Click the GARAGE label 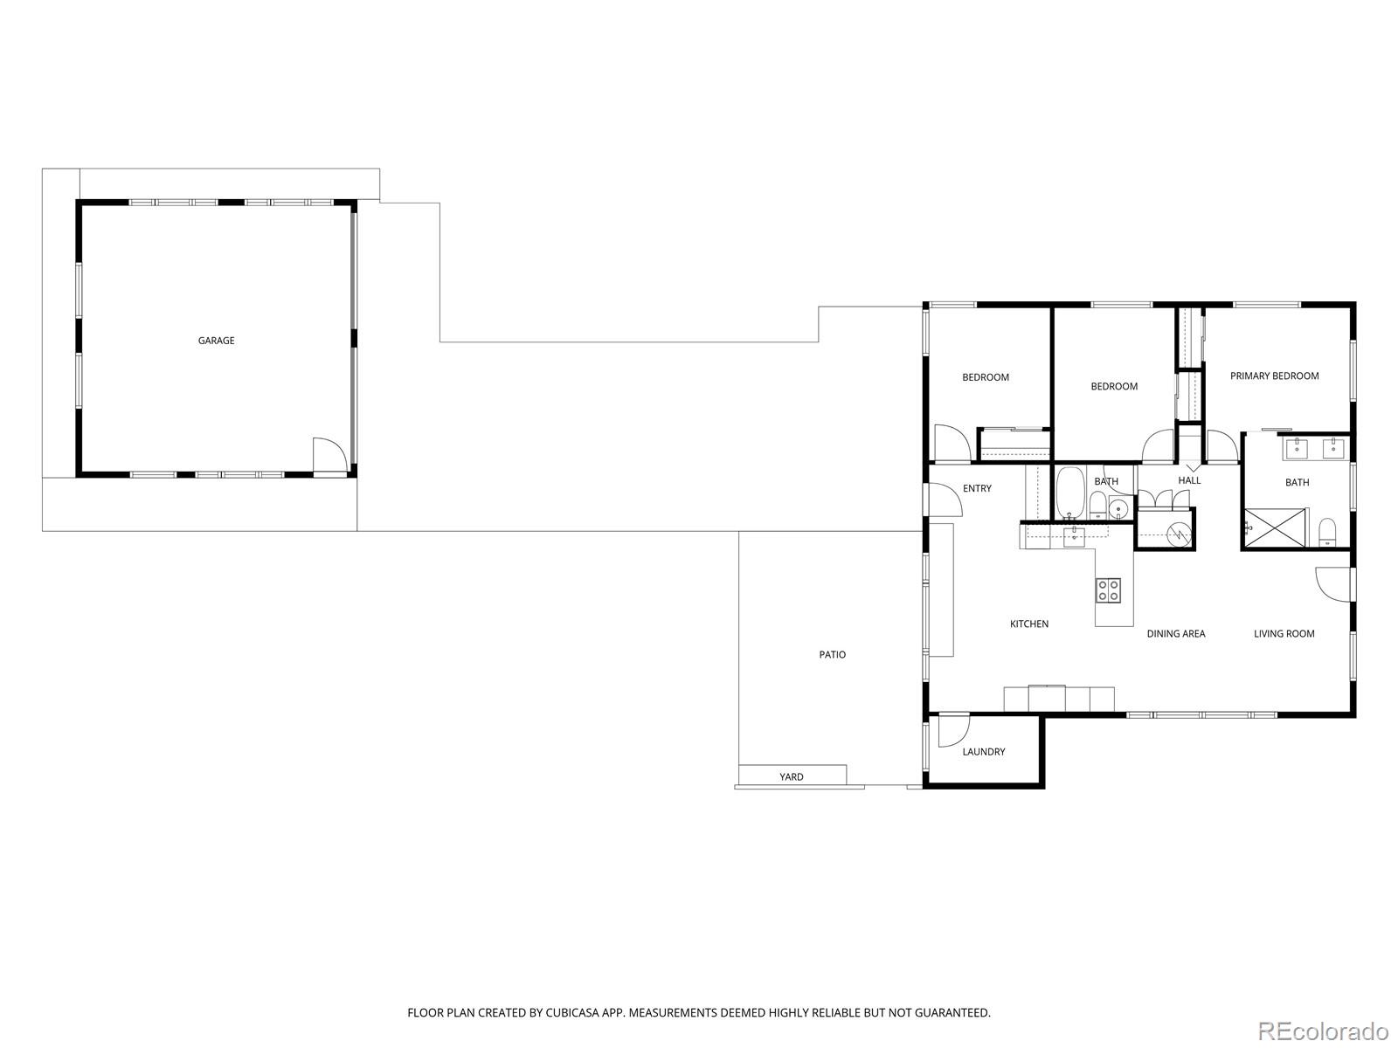coord(216,341)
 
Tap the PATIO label coord(832,654)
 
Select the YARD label coord(791,776)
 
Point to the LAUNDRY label coord(983,751)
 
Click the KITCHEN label coord(1029,624)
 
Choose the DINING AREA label coord(1176,633)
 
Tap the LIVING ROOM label coord(1284,633)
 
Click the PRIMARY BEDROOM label coord(1274,376)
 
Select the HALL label coord(1189,480)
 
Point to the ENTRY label coord(977,488)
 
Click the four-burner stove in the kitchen coord(1108,589)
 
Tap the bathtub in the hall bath coord(1070,493)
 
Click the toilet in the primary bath coord(1326,532)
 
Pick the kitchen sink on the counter coord(1075,537)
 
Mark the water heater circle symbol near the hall coord(1179,534)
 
